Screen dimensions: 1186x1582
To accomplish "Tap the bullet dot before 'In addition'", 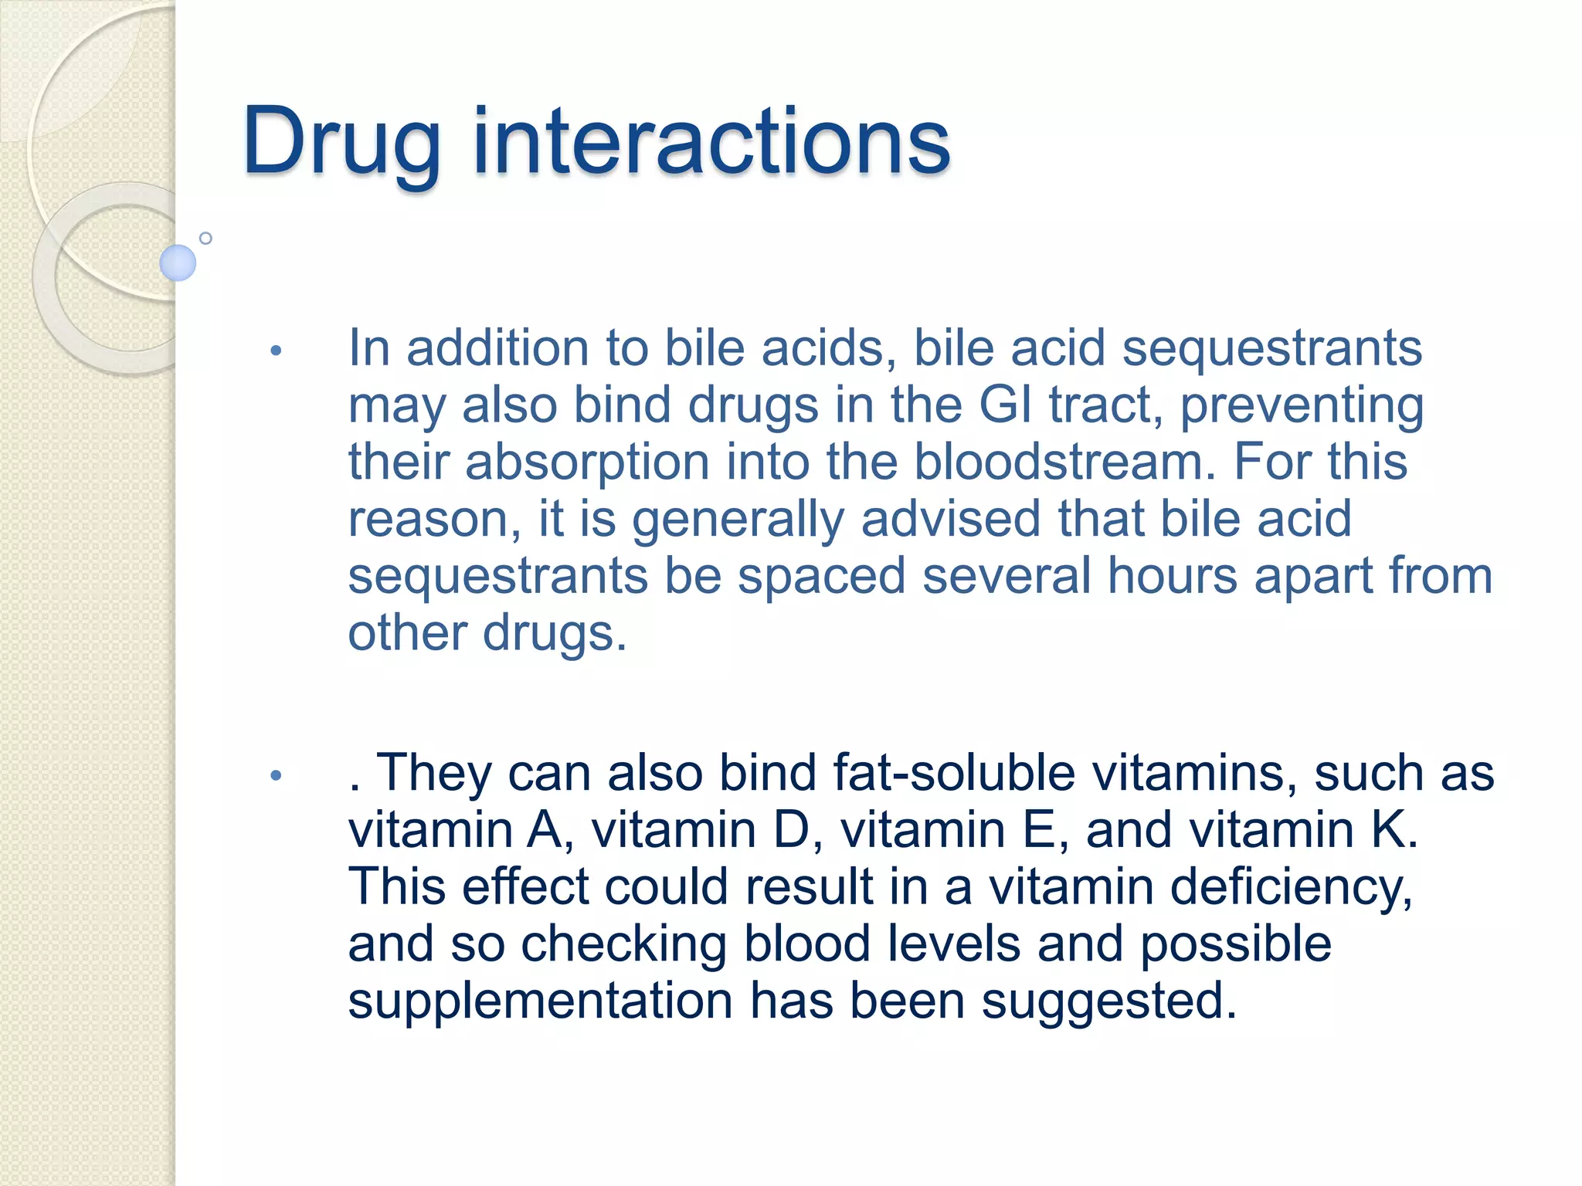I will tap(276, 351).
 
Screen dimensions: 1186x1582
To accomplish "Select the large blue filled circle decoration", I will tap(178, 263).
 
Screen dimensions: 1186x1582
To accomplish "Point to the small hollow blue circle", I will tap(205, 238).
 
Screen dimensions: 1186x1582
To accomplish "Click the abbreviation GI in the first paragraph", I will tap(1005, 405).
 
